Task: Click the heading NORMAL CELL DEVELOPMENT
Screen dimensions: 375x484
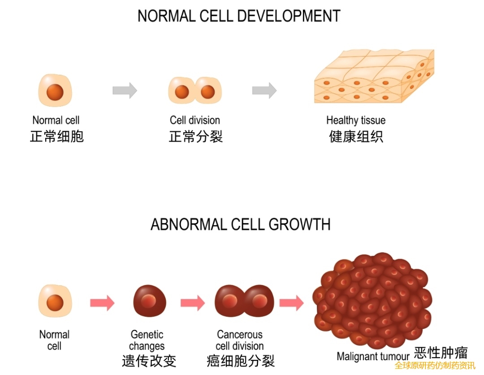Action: tap(238, 16)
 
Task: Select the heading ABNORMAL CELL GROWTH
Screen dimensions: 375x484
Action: tap(241, 224)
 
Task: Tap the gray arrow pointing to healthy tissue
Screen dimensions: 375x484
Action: tap(264, 91)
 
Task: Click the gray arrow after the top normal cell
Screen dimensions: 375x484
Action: tap(125, 91)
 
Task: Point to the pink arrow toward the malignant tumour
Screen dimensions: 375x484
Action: tap(291, 303)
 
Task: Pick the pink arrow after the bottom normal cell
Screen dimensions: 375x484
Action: tap(102, 303)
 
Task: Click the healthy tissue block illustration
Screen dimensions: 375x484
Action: tap(374, 77)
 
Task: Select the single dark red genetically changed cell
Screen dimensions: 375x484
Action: tap(149, 301)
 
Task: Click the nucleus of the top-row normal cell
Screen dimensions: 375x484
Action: tap(55, 92)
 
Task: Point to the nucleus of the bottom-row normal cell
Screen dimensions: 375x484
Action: tap(55, 301)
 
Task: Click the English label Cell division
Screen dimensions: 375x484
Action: tap(195, 120)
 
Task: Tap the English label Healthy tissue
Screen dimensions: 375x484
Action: tap(356, 120)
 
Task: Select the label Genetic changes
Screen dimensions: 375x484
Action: tap(147, 341)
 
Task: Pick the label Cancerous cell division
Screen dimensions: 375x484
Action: tap(240, 341)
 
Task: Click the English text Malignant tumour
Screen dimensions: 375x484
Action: tap(373, 357)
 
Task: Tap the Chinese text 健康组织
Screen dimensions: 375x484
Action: tap(356, 136)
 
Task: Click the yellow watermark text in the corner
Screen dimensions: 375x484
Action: tap(435, 366)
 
